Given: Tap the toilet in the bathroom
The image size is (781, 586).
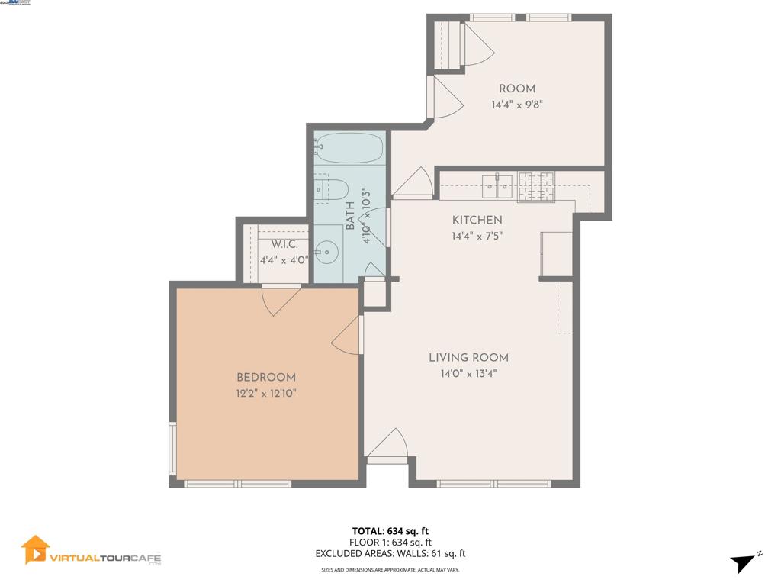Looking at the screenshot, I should tap(336, 188).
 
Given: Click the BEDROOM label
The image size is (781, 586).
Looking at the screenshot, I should tap(265, 377).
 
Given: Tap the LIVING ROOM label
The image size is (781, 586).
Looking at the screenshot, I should tap(468, 357).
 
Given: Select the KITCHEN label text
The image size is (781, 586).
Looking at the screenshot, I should tap(477, 220).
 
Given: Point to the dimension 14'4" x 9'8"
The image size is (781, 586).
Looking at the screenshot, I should tap(516, 105).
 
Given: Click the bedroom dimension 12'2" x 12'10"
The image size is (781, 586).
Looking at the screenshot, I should tap(265, 393).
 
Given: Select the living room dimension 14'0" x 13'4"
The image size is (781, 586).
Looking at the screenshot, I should tap(468, 374).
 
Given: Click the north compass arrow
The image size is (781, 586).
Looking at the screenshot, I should tap(744, 563).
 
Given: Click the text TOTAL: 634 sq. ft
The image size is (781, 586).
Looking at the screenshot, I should tap(390, 531).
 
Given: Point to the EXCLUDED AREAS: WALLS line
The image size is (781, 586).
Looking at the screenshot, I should tap(390, 554).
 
